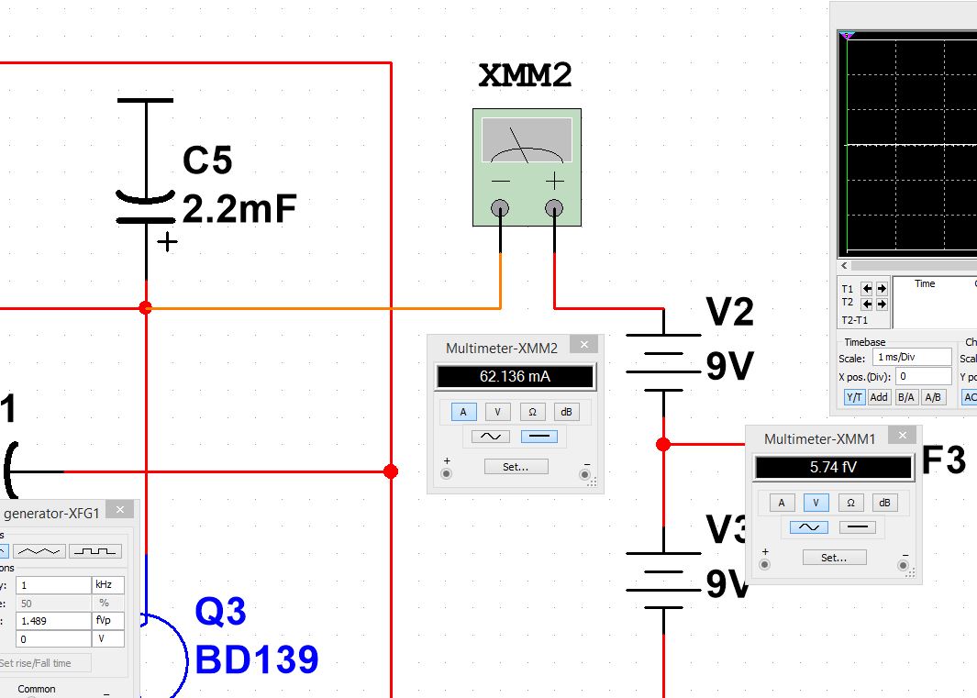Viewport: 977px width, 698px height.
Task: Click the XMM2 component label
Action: (526, 76)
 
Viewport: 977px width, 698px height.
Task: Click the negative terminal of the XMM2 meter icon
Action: (500, 209)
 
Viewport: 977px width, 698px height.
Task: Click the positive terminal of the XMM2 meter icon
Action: (554, 209)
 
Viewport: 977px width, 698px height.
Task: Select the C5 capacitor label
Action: (207, 161)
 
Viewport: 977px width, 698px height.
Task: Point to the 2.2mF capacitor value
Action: (239, 210)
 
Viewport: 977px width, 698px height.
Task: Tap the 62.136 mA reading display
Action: (515, 376)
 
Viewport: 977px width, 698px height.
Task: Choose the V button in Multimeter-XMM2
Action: (498, 412)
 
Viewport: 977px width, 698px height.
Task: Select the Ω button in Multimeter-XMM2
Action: (532, 412)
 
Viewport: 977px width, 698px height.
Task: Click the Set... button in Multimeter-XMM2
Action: (516, 466)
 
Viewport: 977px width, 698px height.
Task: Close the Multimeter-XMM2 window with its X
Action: (583, 345)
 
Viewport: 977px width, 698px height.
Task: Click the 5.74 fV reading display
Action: (833, 467)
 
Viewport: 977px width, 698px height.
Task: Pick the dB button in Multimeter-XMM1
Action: (884, 502)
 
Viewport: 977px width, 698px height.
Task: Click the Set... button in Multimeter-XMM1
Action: (834, 557)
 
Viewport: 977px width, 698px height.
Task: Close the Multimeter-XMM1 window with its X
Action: (903, 436)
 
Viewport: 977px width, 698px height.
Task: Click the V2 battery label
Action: (729, 313)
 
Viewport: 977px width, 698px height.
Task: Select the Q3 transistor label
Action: (220, 612)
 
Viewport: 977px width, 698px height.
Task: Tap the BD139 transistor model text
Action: (256, 659)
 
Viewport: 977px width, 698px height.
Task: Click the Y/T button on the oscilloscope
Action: (853, 397)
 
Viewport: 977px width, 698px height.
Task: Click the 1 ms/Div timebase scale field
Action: (913, 357)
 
